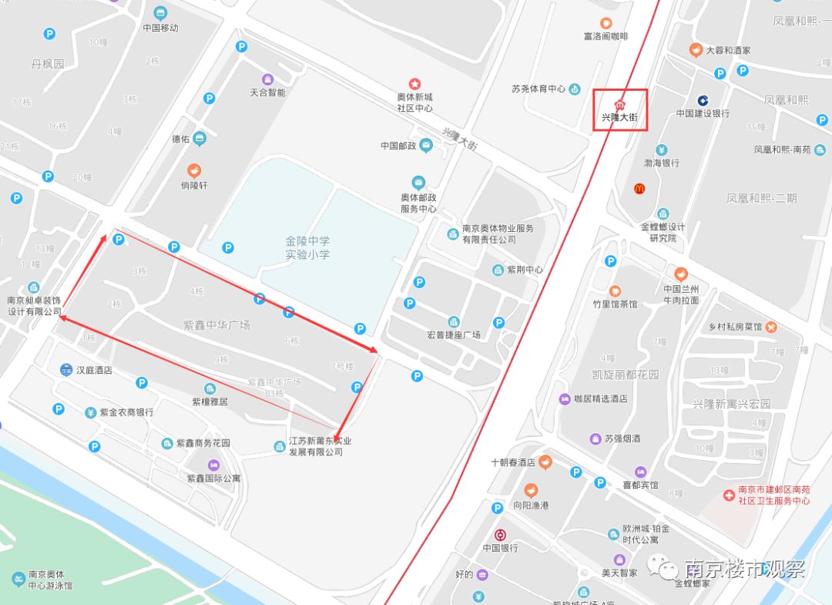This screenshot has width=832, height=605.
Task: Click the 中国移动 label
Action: click(160, 28)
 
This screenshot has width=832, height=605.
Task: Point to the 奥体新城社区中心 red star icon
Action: click(414, 83)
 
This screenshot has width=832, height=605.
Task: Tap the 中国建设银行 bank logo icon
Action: click(703, 100)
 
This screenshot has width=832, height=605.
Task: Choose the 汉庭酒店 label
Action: click(94, 370)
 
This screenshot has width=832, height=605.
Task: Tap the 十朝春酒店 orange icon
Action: click(545, 462)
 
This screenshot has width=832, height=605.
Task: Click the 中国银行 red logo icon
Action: click(500, 535)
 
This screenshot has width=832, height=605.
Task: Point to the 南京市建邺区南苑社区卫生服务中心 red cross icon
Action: click(729, 495)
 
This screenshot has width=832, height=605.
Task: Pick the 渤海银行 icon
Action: click(661, 150)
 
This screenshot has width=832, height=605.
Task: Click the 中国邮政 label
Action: click(398, 146)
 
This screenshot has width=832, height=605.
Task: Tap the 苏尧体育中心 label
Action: click(538, 89)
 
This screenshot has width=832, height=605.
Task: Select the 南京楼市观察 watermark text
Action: click(744, 569)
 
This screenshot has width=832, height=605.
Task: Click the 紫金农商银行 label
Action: click(126, 412)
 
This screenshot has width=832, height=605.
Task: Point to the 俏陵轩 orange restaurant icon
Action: click(194, 170)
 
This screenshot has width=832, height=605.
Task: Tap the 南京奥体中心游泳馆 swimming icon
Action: click(18, 579)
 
